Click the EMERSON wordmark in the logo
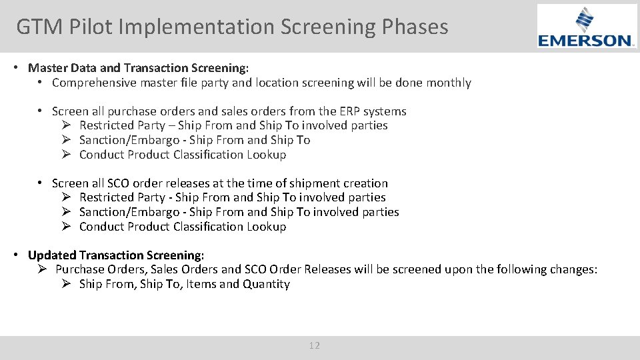coord(587,41)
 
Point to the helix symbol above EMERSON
coord(585,19)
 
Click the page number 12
coord(315,345)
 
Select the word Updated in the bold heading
coord(52,255)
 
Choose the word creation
coord(365,183)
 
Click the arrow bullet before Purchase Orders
coord(41,269)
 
